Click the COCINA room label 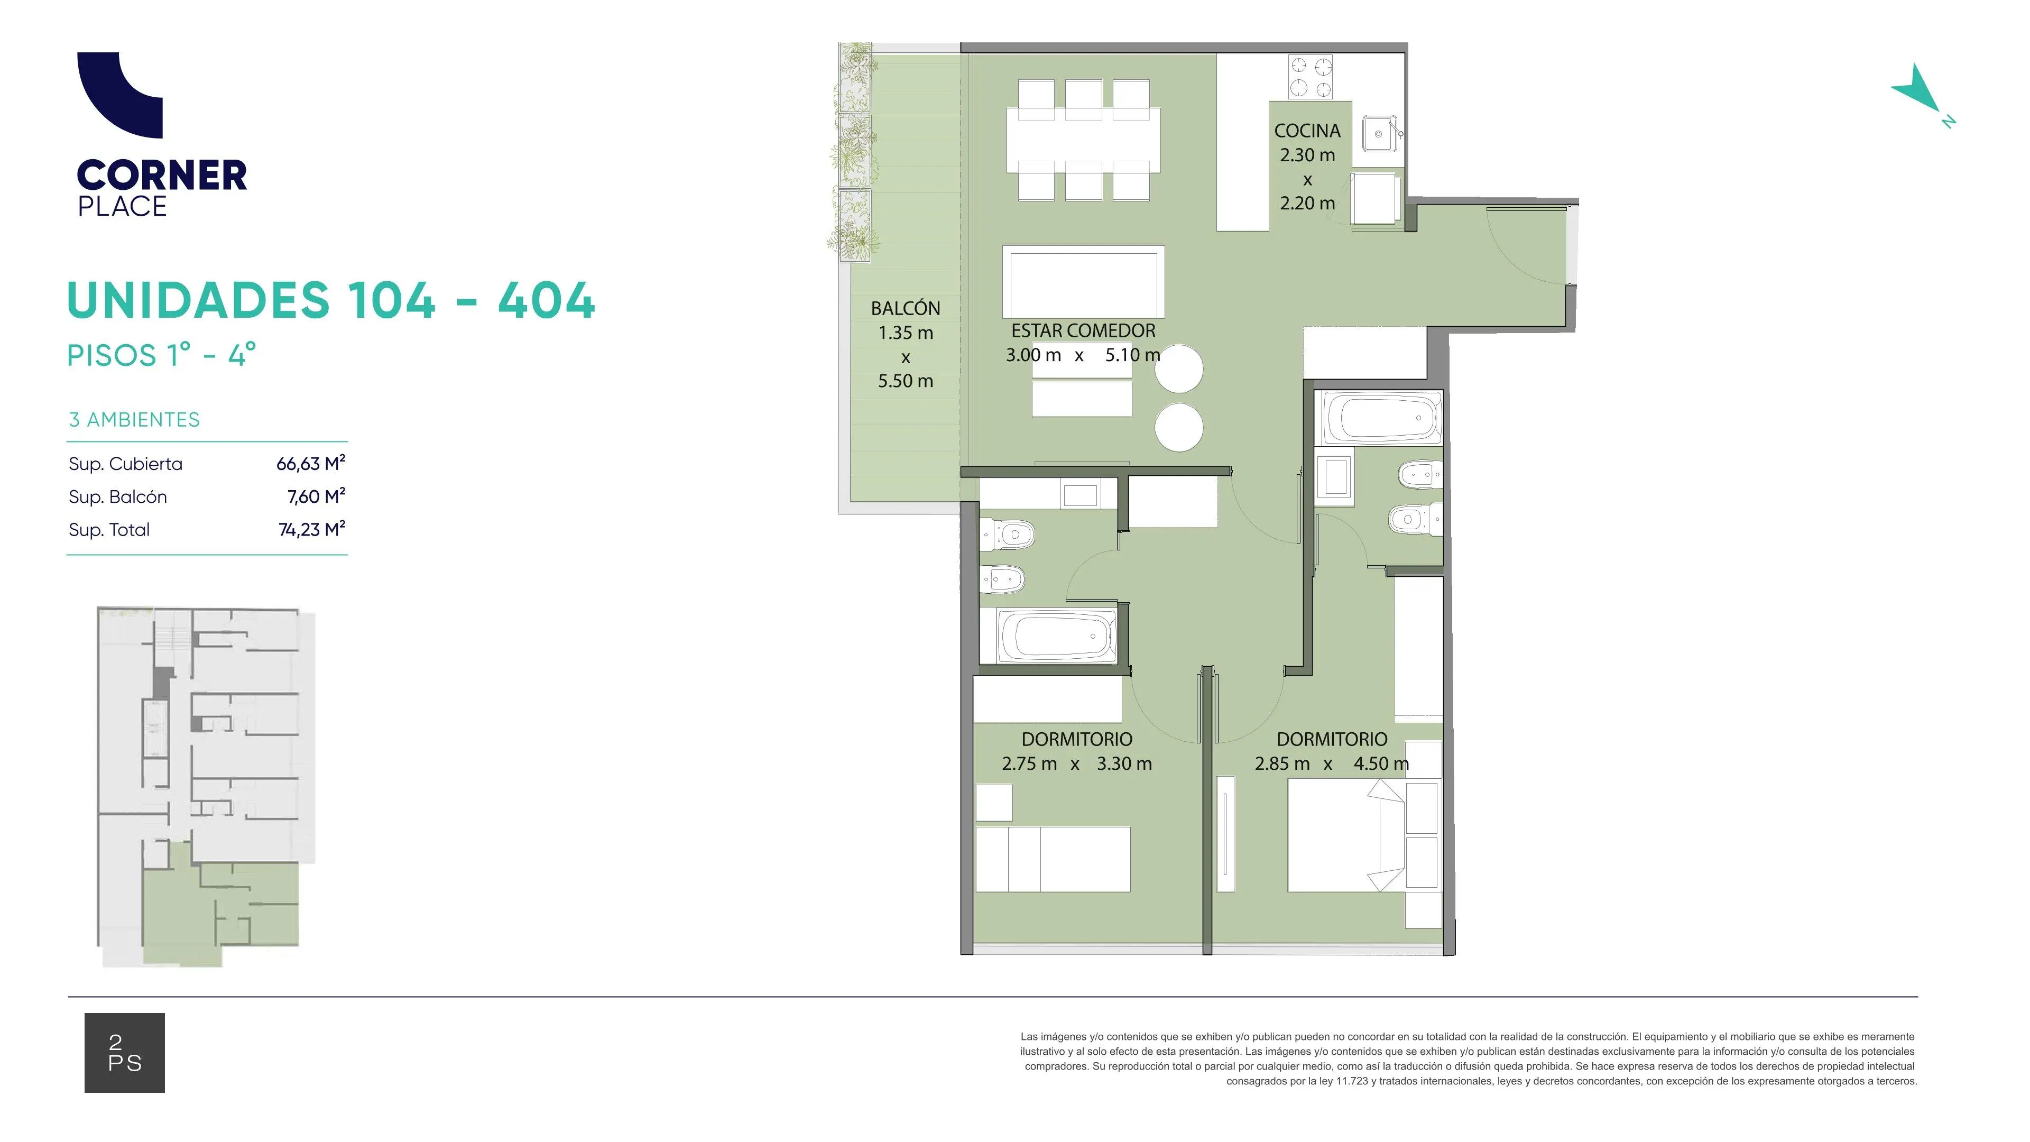[1307, 131]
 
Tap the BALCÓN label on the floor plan [906, 308]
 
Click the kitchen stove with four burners [1311, 77]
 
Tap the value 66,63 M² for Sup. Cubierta [310, 464]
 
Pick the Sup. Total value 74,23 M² [312, 530]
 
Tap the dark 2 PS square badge [125, 1053]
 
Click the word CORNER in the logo [162, 175]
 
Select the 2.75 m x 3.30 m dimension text [1076, 763]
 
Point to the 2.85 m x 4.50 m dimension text [1332, 763]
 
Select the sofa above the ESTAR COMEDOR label [1084, 282]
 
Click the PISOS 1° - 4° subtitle [162, 355]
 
